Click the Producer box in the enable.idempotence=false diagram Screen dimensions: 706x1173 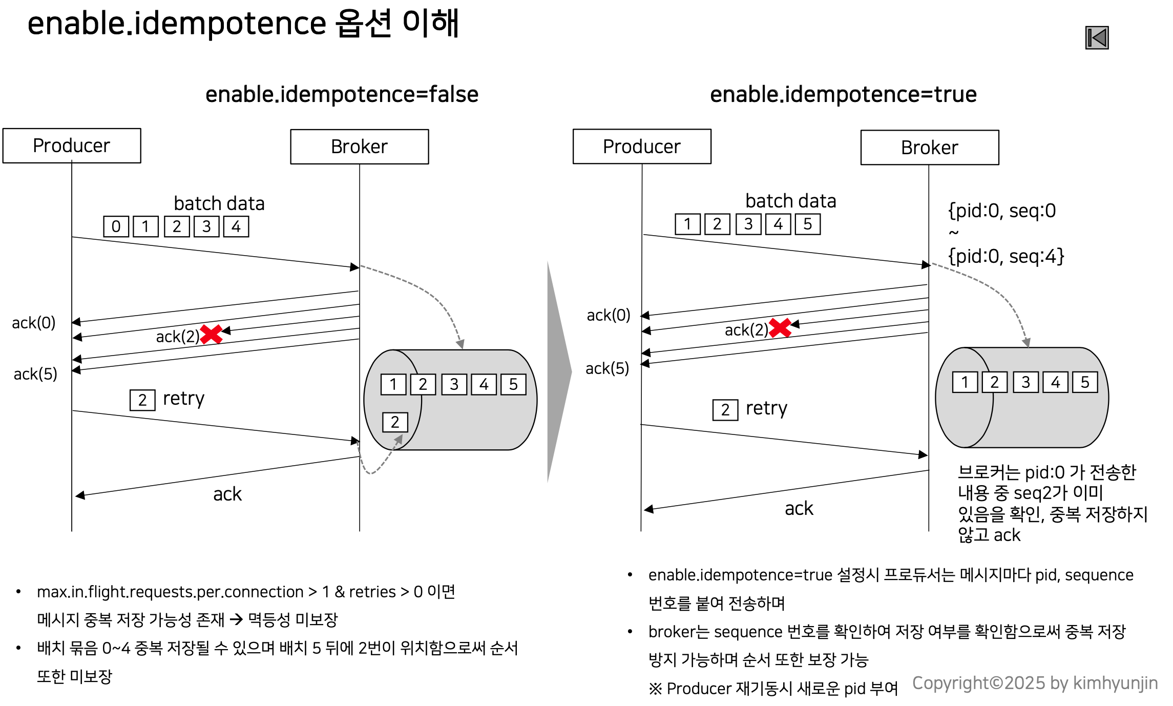[x=72, y=146]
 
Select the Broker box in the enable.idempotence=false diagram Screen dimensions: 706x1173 [x=359, y=147]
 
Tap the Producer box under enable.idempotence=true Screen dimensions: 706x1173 [x=641, y=147]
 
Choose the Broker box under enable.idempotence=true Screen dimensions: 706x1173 [x=929, y=148]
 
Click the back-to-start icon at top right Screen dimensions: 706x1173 [x=1097, y=38]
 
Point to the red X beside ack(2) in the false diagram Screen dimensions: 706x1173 [x=211, y=334]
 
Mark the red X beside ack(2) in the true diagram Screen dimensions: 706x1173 [x=780, y=327]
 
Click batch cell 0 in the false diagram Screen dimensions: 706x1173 [x=116, y=226]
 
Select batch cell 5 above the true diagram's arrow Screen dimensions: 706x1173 [x=807, y=224]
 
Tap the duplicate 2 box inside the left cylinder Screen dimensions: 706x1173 [x=395, y=422]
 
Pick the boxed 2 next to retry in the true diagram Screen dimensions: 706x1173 [x=725, y=410]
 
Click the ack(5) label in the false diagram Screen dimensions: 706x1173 [x=35, y=374]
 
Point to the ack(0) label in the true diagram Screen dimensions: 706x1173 [x=609, y=315]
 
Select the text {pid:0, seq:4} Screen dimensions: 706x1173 [x=1006, y=256]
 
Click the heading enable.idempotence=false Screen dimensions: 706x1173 [x=342, y=94]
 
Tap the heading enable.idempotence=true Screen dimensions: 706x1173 [x=843, y=94]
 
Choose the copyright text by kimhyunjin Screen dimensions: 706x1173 [x=1035, y=683]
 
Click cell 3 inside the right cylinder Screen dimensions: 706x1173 [x=1025, y=382]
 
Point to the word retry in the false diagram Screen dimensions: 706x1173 [x=183, y=399]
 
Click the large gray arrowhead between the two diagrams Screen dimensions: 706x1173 [x=559, y=372]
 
